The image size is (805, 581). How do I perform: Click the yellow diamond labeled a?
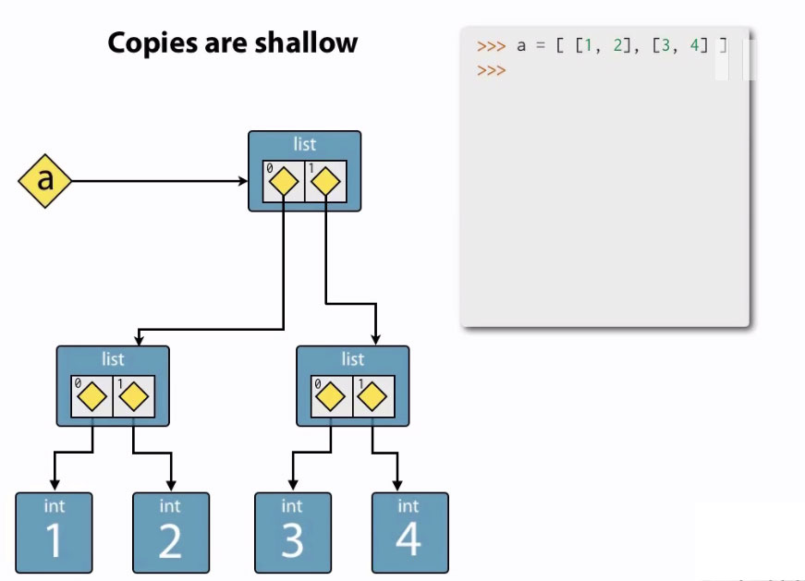(44, 181)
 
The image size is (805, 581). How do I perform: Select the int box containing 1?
(54, 533)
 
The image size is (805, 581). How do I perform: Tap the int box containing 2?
(170, 533)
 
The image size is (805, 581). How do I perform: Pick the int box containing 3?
(292, 533)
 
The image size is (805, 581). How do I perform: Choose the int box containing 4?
(409, 533)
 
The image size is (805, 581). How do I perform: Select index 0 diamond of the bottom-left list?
(92, 398)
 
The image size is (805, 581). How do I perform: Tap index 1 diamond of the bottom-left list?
(134, 398)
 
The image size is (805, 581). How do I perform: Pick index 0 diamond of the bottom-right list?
(331, 398)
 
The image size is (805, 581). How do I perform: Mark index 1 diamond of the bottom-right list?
(372, 398)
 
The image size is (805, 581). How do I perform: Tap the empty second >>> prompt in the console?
(492, 70)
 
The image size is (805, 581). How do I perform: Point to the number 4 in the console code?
(694, 44)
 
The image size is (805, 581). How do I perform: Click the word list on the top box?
(304, 144)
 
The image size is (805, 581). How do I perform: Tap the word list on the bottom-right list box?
(352, 358)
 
